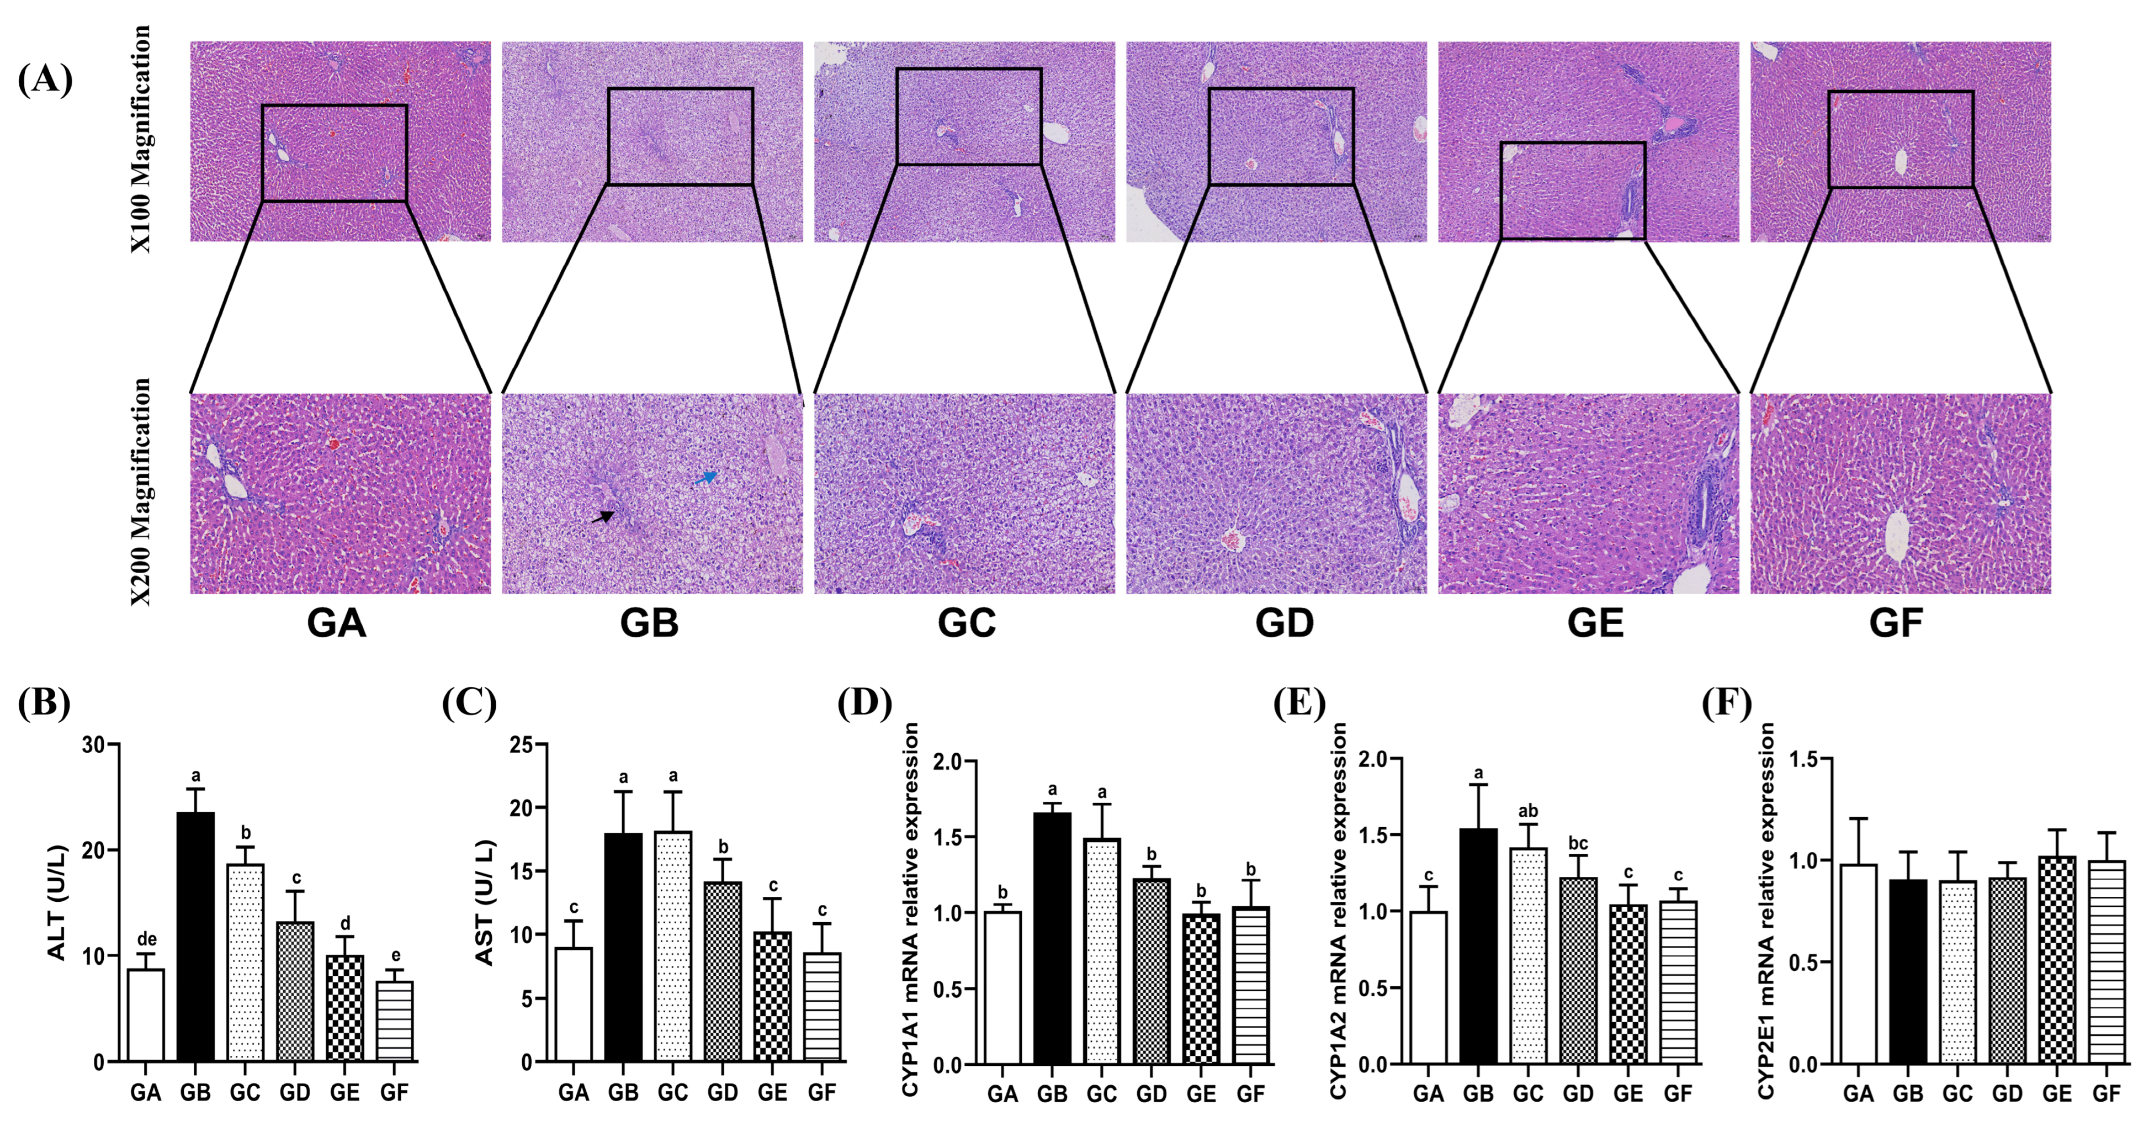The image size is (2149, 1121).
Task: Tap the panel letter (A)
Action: pos(45,80)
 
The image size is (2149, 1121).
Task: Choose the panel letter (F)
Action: pos(1726,703)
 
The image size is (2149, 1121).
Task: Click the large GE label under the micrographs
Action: pos(1595,623)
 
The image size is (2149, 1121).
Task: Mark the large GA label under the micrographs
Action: pos(336,623)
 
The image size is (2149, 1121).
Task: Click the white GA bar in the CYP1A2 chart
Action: pos(1428,987)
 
